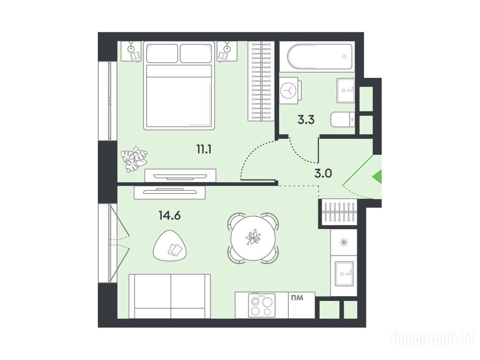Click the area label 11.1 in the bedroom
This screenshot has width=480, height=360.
[x=205, y=150]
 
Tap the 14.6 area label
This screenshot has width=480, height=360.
[x=170, y=216]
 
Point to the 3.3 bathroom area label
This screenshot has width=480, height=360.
[x=306, y=120]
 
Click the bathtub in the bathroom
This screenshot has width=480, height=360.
[x=320, y=57]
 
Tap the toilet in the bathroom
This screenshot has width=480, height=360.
[x=343, y=120]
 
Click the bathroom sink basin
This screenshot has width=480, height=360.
[x=346, y=90]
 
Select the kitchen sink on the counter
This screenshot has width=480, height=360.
[x=344, y=274]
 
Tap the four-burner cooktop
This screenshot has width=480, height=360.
[x=262, y=306]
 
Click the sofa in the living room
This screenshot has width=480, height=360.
[x=170, y=296]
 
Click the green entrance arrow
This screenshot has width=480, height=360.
[x=377, y=177]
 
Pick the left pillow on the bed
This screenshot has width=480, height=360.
[x=162, y=53]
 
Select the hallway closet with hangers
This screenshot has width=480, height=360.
[x=338, y=212]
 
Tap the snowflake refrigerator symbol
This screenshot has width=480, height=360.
[x=345, y=242]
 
